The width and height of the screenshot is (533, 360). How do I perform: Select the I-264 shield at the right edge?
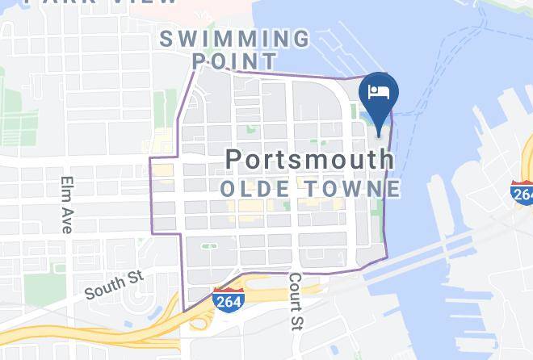coord(522,192)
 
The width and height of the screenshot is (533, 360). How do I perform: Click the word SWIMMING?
coord(234,38)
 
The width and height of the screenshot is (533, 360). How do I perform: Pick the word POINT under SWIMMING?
coord(234,61)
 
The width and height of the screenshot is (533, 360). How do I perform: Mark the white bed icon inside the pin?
coord(378,90)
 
